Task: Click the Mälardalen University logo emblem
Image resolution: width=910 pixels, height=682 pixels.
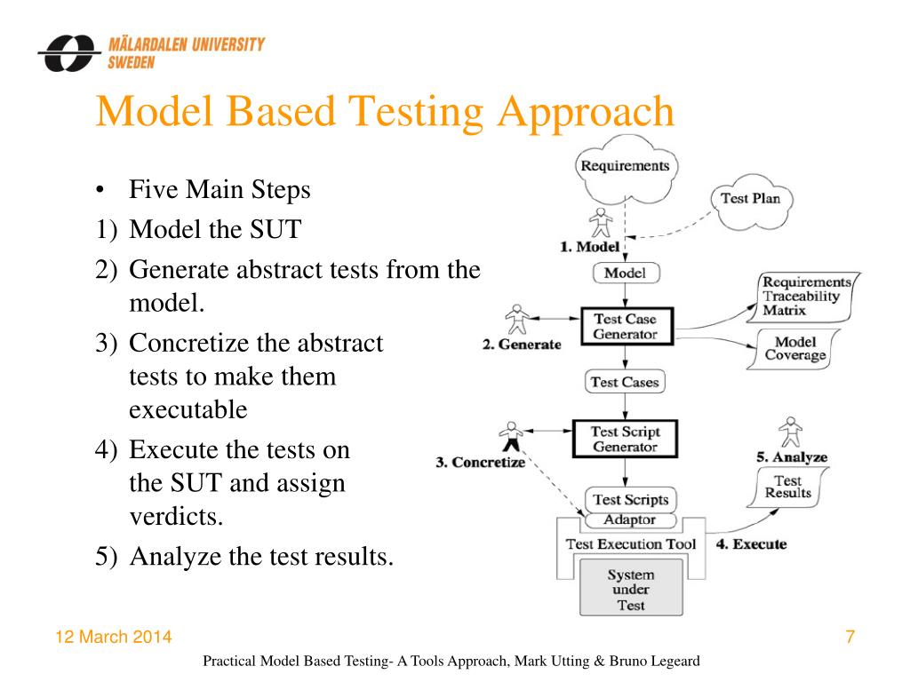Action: [x=69, y=53]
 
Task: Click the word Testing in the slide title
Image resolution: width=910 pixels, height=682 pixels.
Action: [x=416, y=113]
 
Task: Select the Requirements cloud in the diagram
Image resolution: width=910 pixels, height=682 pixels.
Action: [x=625, y=167]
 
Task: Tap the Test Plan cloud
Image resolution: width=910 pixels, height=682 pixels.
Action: [x=750, y=199]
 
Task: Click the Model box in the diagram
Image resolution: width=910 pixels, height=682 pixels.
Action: [x=625, y=273]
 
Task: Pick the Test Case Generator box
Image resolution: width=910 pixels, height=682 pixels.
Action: [x=626, y=327]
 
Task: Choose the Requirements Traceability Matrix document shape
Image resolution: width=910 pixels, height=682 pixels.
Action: [x=805, y=297]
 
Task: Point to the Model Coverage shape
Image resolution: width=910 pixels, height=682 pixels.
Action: [x=795, y=349]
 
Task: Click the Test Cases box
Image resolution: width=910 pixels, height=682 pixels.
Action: [x=626, y=382]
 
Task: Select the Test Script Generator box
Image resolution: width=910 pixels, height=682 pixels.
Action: [x=626, y=439]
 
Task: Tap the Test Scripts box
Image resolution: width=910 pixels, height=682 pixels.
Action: [x=629, y=499]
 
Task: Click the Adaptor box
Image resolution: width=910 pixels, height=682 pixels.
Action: [x=629, y=519]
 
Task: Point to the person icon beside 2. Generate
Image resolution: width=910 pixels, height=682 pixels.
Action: [x=516, y=319]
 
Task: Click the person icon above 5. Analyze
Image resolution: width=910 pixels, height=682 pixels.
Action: [x=789, y=431]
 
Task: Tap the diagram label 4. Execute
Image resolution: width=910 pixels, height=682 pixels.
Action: [x=751, y=543]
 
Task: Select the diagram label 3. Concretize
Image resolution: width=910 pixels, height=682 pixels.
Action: [x=480, y=463]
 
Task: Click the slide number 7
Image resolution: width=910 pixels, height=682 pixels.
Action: [x=850, y=638]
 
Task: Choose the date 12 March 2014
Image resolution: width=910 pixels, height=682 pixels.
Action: [x=114, y=638]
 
